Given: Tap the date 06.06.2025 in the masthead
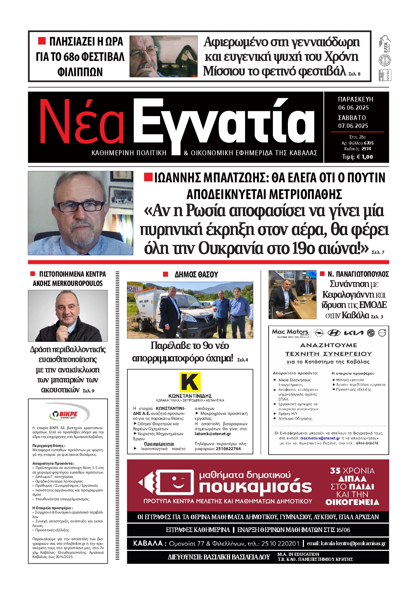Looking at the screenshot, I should [353, 108].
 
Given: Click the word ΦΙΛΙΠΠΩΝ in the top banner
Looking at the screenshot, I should [80, 72].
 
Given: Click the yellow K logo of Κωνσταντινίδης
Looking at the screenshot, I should [190, 382].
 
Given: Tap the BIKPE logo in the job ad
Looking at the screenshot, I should [68, 414].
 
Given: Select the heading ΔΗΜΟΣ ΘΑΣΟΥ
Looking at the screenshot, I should [196, 275].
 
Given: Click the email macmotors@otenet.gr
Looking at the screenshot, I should [320, 438].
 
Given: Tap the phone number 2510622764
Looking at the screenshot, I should [228, 449].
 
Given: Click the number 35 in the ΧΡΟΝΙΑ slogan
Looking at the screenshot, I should [335, 471].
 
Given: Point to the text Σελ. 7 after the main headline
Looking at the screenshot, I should [378, 252].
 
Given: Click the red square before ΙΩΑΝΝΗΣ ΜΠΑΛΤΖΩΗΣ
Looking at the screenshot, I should [148, 177].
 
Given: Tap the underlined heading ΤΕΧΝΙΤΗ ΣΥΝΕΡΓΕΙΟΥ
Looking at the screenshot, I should [328, 354].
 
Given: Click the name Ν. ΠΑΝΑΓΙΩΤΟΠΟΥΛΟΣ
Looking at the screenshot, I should [358, 274].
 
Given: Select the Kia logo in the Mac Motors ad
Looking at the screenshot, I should [353, 333].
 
